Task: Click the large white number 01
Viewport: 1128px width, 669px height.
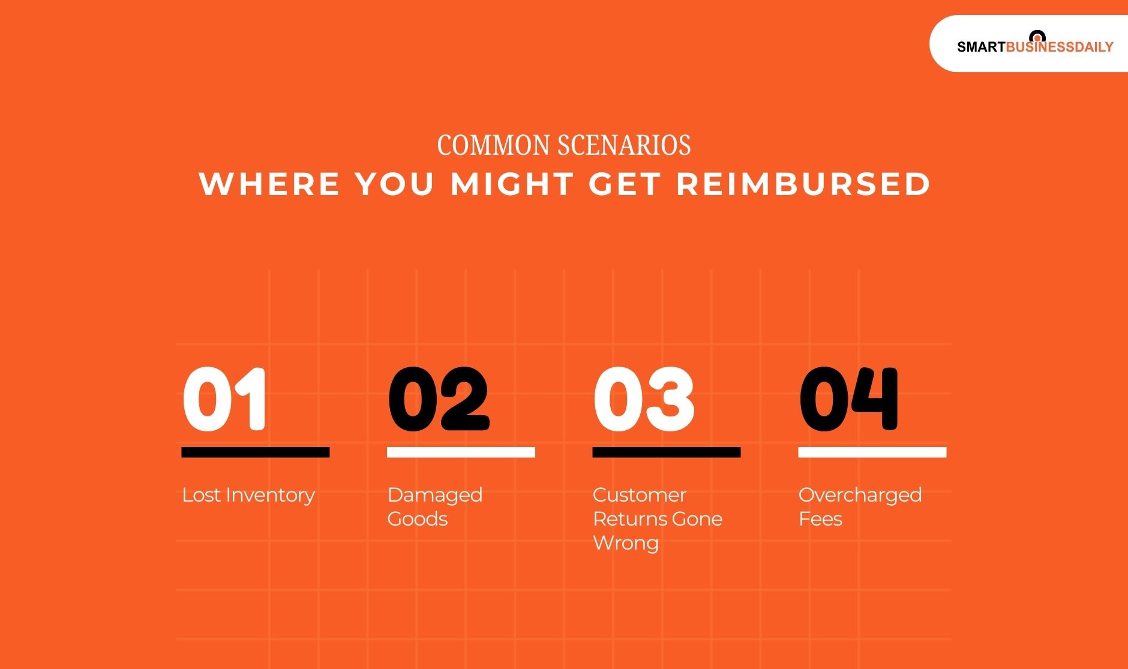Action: (x=224, y=399)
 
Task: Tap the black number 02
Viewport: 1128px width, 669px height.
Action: (x=439, y=399)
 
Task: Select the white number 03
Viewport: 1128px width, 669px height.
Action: (x=644, y=399)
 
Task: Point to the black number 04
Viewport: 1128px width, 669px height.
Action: (x=848, y=399)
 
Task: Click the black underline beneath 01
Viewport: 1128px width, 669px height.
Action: (x=256, y=452)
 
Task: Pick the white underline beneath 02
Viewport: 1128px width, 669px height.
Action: (x=461, y=452)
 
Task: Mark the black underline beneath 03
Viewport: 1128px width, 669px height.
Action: (x=666, y=452)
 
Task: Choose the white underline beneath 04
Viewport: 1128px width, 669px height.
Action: (x=872, y=452)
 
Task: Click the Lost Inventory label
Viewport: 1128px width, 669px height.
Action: (x=248, y=495)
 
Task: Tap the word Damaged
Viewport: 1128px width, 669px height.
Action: (x=435, y=495)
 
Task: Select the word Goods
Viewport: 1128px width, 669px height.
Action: (x=418, y=519)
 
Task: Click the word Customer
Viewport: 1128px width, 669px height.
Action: (x=640, y=495)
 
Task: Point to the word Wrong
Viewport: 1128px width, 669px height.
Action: (x=626, y=543)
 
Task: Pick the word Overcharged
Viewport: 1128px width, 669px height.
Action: (x=860, y=495)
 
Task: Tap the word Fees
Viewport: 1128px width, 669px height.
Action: (x=820, y=519)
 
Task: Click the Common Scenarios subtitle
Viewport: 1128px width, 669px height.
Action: (x=564, y=145)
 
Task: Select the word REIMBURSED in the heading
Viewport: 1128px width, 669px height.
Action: (x=803, y=184)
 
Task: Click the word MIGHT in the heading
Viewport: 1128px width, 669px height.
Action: (x=512, y=184)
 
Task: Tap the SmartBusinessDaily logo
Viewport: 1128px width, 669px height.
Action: (x=1034, y=45)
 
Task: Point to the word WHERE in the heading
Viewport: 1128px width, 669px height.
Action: (x=269, y=184)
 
